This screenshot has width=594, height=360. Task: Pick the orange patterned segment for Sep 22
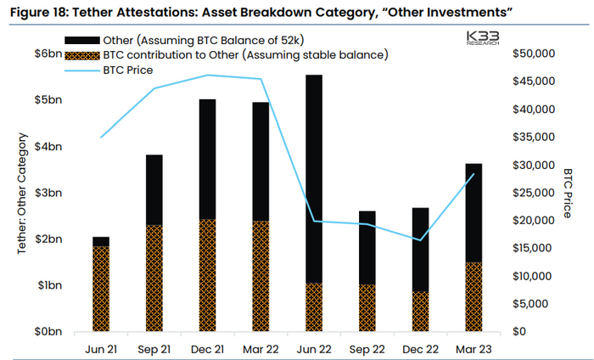coord(367,307)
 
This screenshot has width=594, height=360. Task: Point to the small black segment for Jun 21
coord(101,241)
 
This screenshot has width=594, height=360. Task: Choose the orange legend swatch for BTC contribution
coord(83,56)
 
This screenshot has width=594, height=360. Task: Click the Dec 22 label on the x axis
coord(421,348)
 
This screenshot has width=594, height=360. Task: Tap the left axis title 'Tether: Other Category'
coord(22,194)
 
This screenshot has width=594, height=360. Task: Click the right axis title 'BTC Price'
coord(569,194)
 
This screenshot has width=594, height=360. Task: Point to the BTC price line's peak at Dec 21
coord(208,76)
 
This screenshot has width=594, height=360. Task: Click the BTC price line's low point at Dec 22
coord(421,239)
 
